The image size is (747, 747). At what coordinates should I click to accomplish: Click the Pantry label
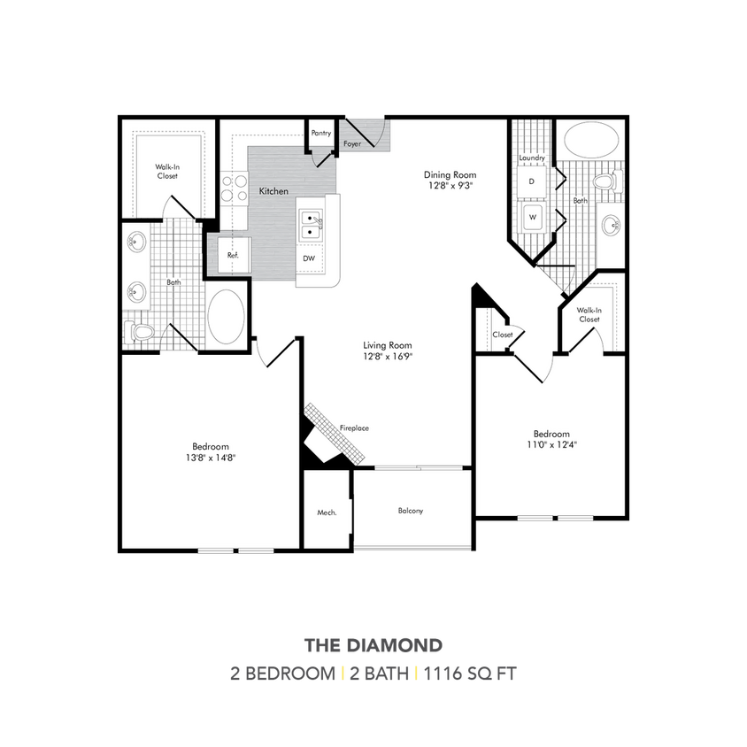pyautogui.click(x=321, y=133)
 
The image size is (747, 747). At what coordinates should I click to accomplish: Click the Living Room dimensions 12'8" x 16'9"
pyautogui.click(x=388, y=356)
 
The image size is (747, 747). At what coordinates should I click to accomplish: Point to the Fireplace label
pyautogui.click(x=354, y=428)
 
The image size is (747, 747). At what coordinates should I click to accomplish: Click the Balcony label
pyautogui.click(x=410, y=511)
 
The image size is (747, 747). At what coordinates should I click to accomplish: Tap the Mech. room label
pyautogui.click(x=326, y=512)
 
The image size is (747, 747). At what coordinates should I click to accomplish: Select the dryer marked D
pyautogui.click(x=532, y=181)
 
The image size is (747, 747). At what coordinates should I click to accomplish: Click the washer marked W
pyautogui.click(x=533, y=216)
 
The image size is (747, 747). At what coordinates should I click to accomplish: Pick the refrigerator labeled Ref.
pyautogui.click(x=233, y=255)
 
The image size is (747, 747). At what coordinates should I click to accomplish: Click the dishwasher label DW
pyautogui.click(x=307, y=258)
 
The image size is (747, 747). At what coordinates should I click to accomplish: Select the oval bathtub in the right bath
pyautogui.click(x=592, y=139)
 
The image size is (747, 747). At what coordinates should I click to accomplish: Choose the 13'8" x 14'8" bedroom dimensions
pyautogui.click(x=211, y=452)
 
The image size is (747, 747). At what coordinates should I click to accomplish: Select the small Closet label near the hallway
pyautogui.click(x=503, y=335)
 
